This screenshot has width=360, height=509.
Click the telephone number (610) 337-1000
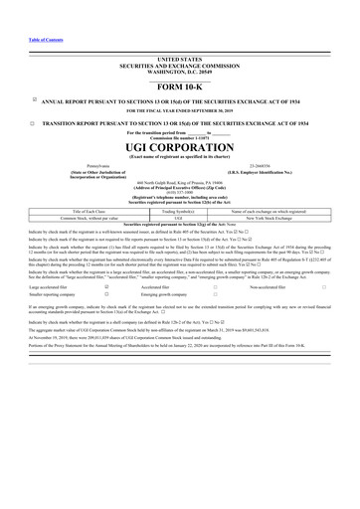coord(179,193)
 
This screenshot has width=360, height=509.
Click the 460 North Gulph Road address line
coord(179,183)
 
